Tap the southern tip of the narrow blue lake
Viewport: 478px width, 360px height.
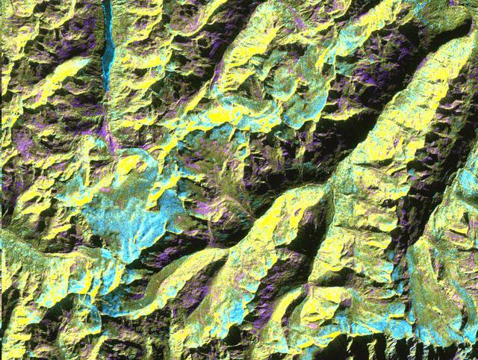(105, 85)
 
